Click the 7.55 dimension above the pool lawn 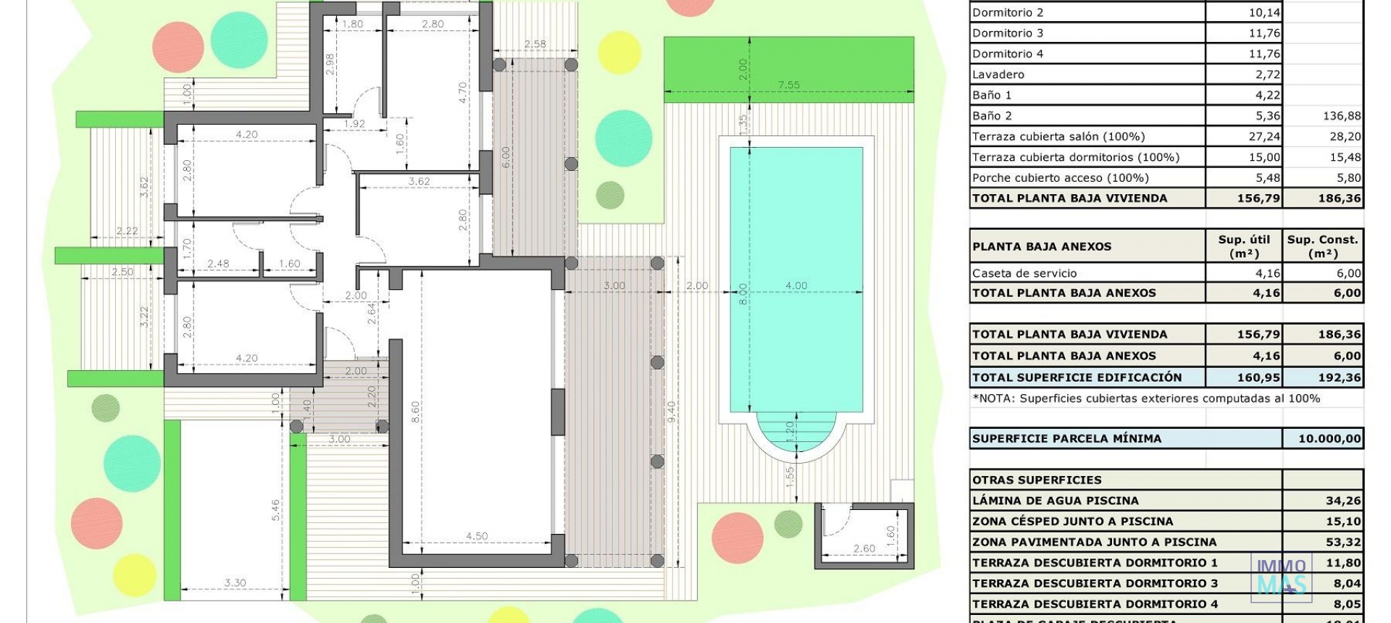(788, 85)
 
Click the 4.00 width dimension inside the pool (795, 285)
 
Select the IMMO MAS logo (1281, 577)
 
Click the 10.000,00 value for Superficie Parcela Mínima (1329, 438)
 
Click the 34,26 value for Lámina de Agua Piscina (1343, 501)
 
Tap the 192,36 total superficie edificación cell (1338, 377)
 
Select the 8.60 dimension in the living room (415, 413)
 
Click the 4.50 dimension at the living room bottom (477, 536)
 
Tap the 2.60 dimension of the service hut (864, 548)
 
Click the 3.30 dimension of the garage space (235, 582)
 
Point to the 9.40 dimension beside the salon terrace (672, 411)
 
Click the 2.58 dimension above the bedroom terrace (535, 44)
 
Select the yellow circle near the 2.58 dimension (619, 52)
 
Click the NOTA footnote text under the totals (1145, 398)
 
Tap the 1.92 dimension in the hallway (354, 124)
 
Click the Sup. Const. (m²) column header (1323, 246)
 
